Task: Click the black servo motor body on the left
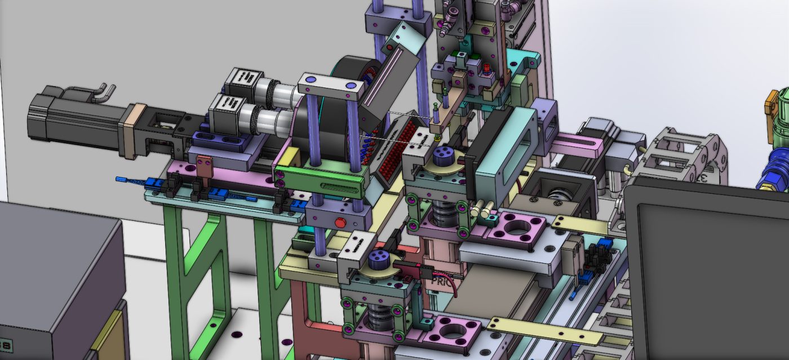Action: pos(73,119)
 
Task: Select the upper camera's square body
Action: pos(243,82)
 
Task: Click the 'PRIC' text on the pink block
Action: pos(444,278)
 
